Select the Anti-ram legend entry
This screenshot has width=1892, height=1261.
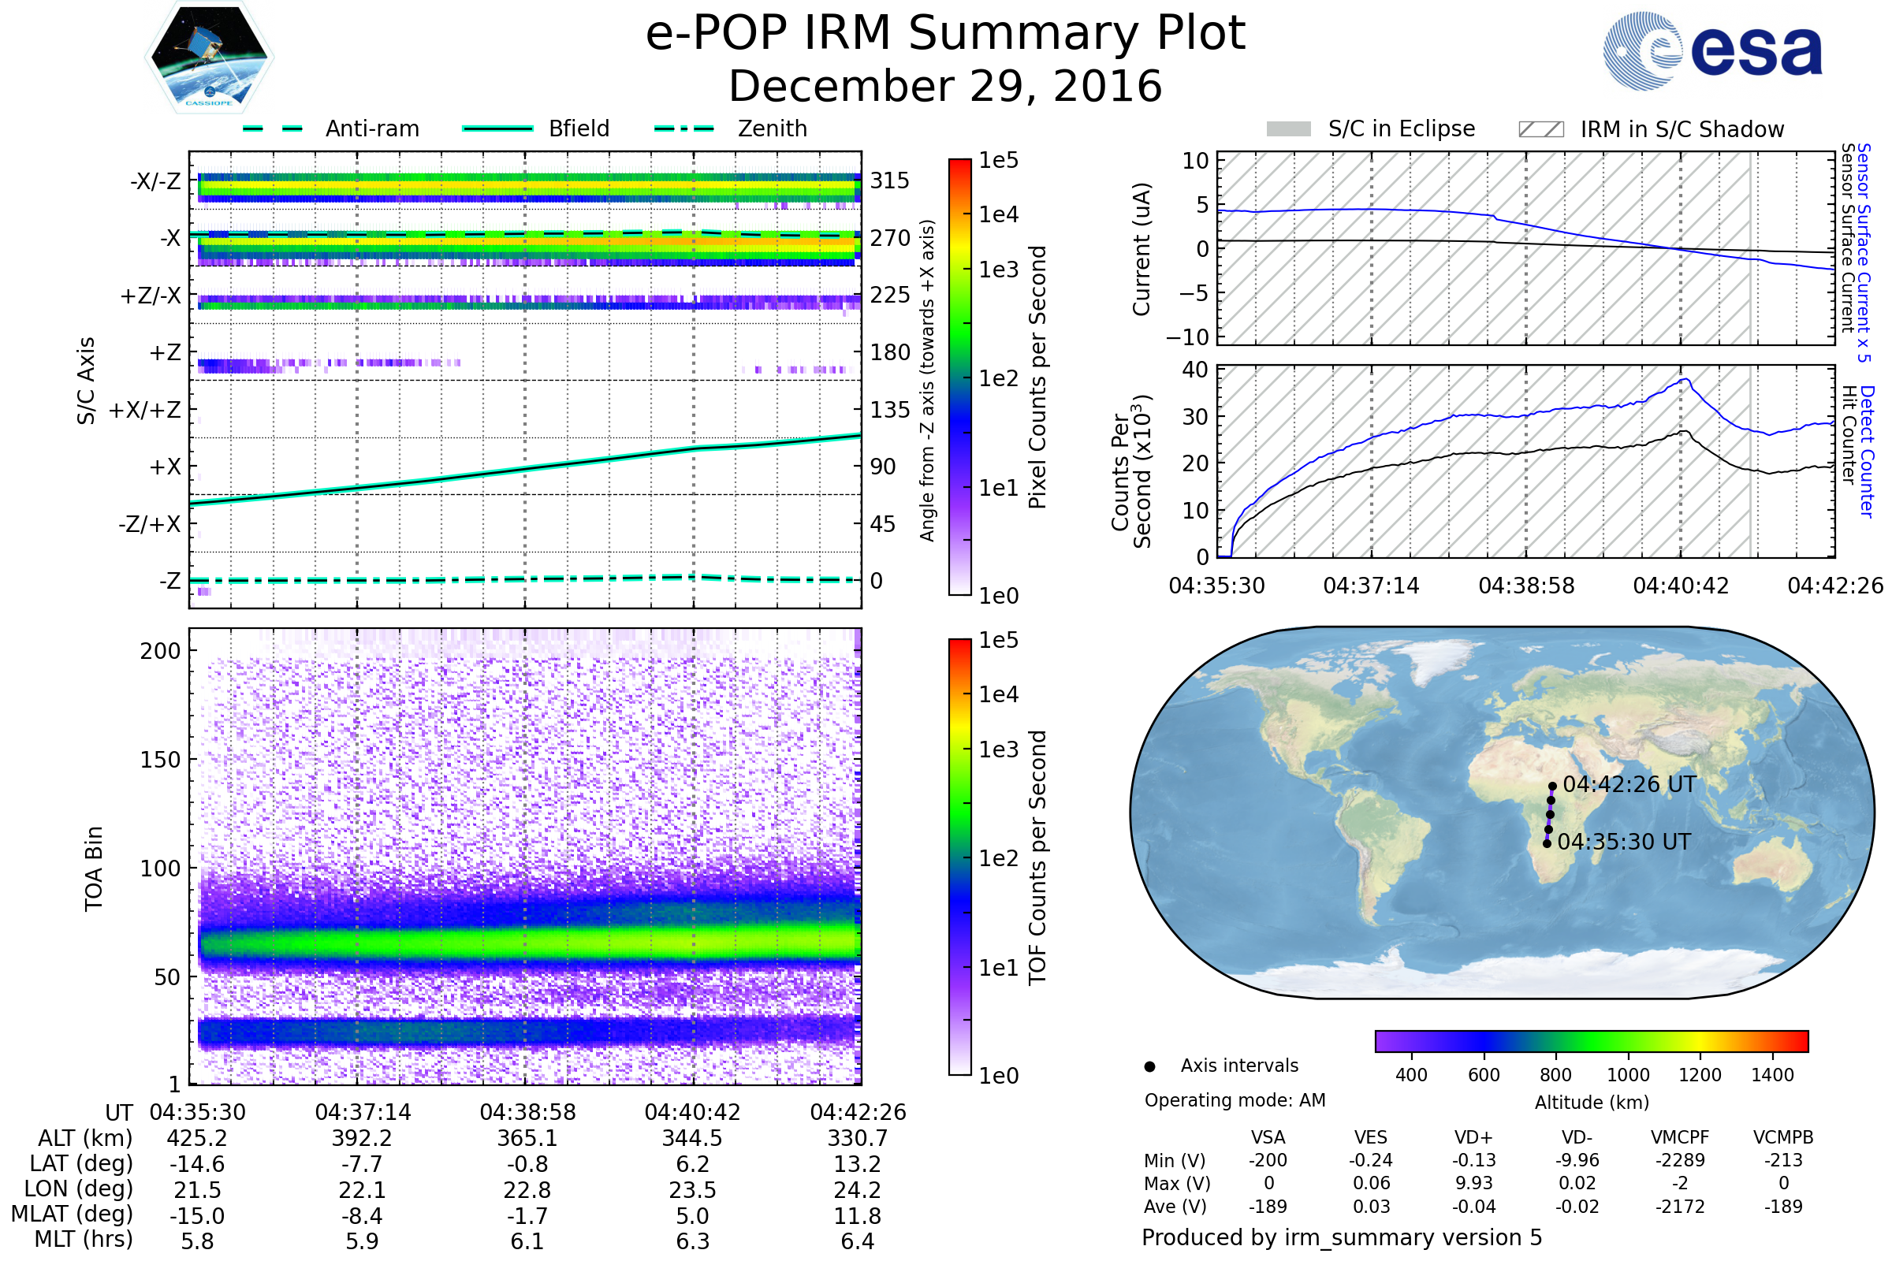[371, 128]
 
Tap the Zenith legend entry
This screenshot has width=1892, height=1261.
[772, 128]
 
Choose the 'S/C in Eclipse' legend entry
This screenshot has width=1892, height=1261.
[1401, 128]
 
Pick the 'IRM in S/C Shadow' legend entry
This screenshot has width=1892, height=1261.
[1682, 129]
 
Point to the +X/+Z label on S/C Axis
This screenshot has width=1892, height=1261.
[145, 410]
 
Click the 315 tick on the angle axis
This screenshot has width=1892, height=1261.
[889, 180]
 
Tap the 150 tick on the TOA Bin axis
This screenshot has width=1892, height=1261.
[160, 760]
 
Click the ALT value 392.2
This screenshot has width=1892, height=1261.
[362, 1138]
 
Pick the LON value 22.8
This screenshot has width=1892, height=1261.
[527, 1189]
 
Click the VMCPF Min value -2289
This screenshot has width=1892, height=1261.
[1680, 1160]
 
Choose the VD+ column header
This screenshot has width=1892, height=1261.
[1473, 1137]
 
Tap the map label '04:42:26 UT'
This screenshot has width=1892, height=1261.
[1629, 784]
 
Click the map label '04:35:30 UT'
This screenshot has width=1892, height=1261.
[1624, 842]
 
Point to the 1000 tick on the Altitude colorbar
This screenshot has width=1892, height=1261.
[1628, 1075]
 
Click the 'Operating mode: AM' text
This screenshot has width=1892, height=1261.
[1235, 1100]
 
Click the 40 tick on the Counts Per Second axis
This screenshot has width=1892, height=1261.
[1195, 370]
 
